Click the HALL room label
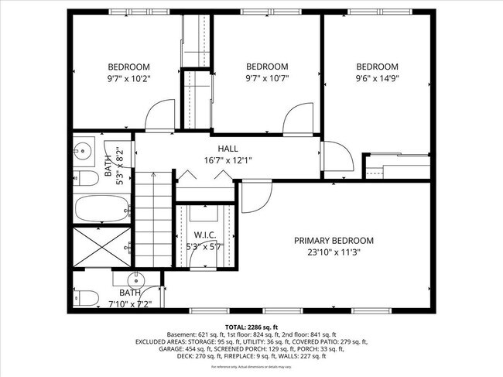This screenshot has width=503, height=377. point(228,148)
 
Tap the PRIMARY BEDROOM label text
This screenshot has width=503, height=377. point(334,240)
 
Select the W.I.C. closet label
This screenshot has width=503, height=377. point(204,235)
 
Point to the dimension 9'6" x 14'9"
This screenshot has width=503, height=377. point(377,78)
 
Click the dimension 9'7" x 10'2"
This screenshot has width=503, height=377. point(128,78)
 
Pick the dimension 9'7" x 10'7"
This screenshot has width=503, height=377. point(267,78)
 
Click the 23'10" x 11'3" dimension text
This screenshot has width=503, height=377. point(334,252)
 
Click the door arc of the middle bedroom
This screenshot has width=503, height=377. point(298,120)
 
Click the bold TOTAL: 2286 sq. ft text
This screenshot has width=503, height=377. point(251,327)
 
